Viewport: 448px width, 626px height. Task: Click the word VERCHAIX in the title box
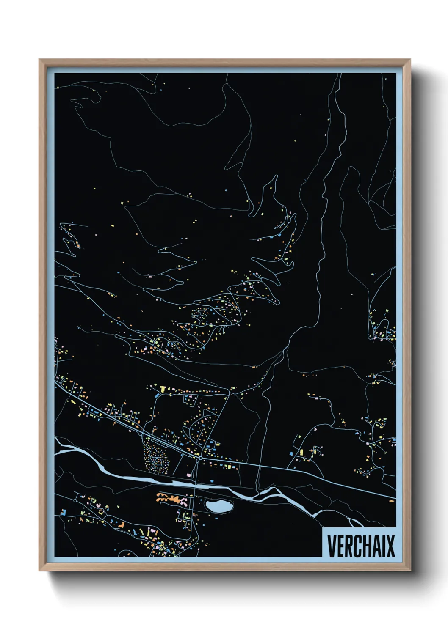361,546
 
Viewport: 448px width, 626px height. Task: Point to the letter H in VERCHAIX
362,546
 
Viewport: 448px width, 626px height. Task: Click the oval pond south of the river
218,505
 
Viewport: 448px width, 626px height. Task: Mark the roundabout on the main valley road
200,457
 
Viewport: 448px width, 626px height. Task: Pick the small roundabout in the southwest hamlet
75,500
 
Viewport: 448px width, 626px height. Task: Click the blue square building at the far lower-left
62,512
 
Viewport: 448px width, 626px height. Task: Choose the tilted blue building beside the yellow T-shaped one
157,395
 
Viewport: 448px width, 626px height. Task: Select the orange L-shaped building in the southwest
122,525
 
